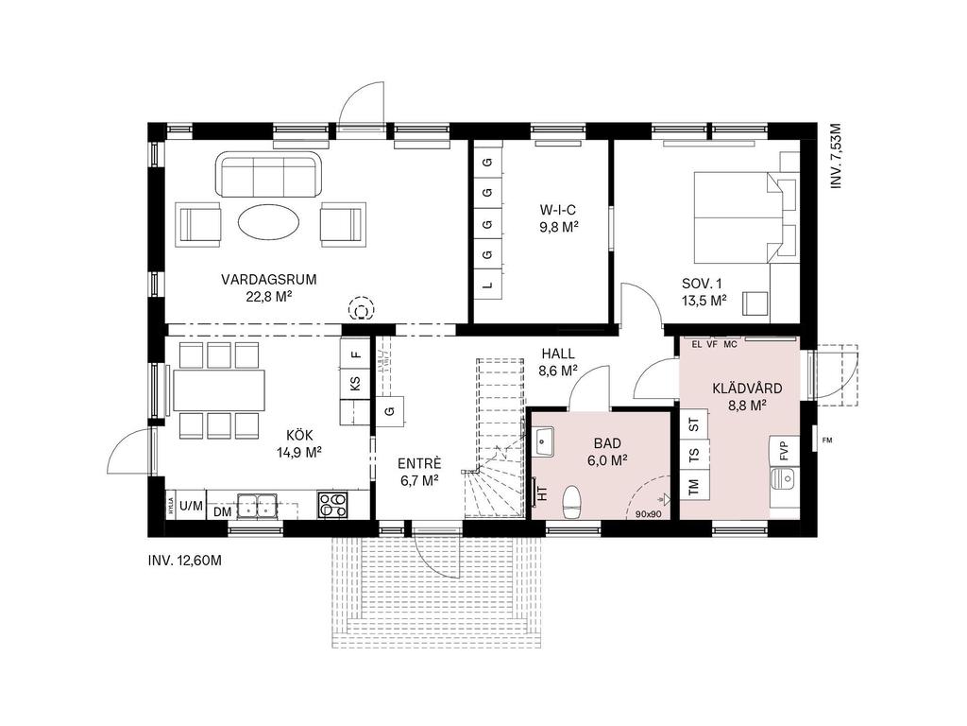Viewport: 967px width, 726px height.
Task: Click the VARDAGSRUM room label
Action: (x=268, y=279)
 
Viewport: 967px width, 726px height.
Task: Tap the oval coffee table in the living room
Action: (x=269, y=224)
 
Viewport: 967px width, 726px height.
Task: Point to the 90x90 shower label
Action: (x=648, y=514)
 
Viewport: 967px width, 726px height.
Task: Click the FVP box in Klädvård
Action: (x=784, y=450)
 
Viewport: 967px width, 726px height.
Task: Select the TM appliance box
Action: (x=694, y=487)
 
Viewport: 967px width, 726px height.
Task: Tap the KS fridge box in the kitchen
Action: (x=355, y=384)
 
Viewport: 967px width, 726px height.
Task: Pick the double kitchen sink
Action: (x=256, y=506)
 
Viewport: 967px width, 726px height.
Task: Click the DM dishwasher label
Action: (x=222, y=511)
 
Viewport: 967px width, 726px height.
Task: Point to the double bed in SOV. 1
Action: (x=737, y=217)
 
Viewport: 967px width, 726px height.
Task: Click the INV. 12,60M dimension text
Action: (x=185, y=561)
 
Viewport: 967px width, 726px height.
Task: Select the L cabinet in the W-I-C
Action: (x=487, y=284)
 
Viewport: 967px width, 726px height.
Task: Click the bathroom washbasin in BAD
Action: (x=545, y=441)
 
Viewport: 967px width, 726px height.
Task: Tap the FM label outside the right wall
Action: (x=827, y=440)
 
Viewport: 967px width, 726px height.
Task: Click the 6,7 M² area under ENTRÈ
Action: (x=418, y=480)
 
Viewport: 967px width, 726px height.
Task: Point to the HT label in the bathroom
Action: (x=542, y=490)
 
